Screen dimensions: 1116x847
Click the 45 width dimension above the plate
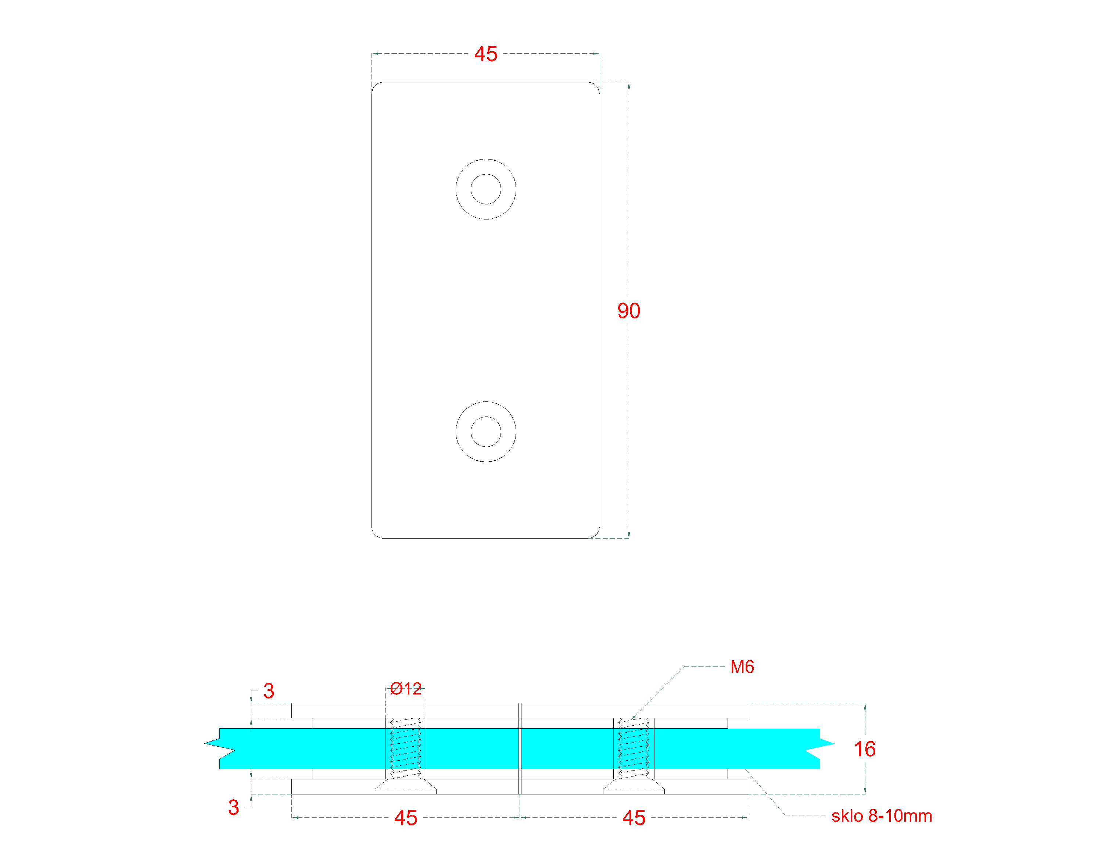pos(485,54)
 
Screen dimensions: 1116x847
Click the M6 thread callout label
pos(742,667)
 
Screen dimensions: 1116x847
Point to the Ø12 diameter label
pos(406,689)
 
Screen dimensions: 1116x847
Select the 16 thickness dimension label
pos(864,749)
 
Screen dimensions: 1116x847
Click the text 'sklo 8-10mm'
pos(882,816)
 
